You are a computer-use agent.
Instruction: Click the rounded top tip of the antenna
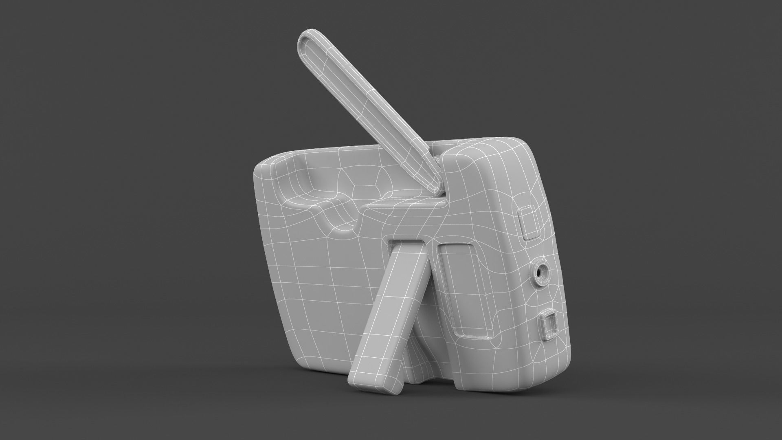pos(306,38)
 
